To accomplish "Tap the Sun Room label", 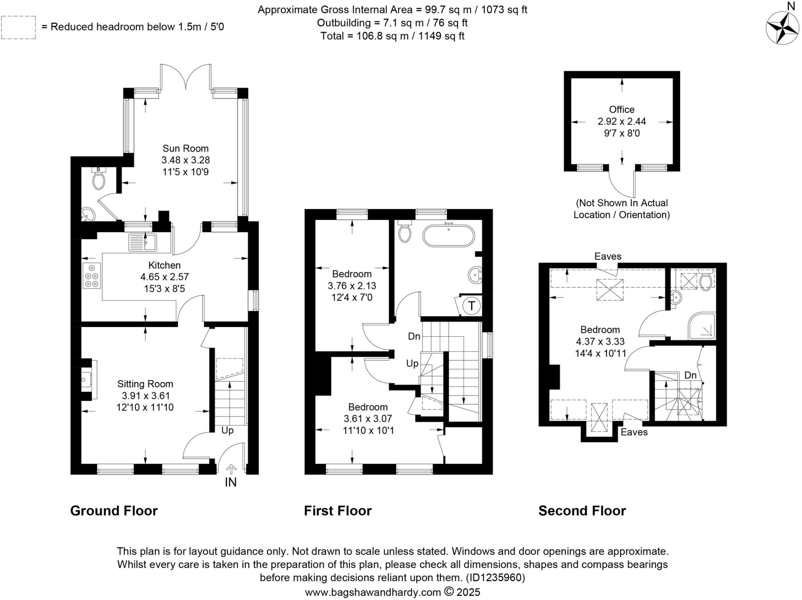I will coord(186,148).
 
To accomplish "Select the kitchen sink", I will coord(143,242).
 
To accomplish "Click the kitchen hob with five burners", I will coord(92,276).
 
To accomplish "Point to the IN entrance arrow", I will coord(231,469).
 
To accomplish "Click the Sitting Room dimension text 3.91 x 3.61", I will coord(145,396).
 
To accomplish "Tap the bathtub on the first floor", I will coord(448,236).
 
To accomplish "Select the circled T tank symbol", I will coord(472,305).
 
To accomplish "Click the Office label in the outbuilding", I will coord(621,110).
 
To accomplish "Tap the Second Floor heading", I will coord(582,511).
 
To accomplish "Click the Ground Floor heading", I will coord(114,511).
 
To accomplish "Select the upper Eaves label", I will coord(608,257).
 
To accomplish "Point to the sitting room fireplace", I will coord(86,379).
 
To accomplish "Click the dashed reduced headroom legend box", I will coord(18,27).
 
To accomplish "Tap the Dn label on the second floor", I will coord(690,375).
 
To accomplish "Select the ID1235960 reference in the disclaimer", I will coord(495,578).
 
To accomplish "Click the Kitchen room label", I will coord(164,265).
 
